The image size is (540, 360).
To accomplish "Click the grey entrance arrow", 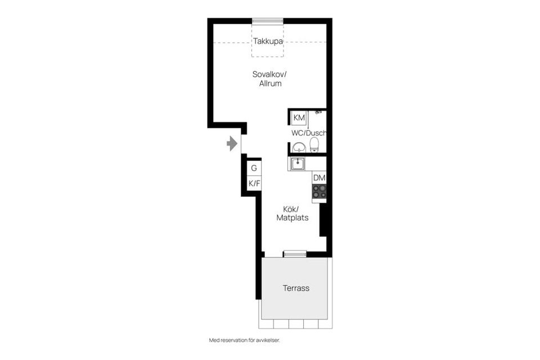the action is [232, 143].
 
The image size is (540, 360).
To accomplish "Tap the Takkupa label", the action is [268, 41].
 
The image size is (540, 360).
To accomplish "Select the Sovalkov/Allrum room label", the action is [269, 79].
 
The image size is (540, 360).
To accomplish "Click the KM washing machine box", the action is [299, 118].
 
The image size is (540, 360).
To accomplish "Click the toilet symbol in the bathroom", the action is [314, 145].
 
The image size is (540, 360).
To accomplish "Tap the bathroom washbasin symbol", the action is [299, 147].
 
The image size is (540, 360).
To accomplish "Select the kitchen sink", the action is [297, 164].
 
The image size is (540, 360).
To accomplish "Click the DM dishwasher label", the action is [319, 178].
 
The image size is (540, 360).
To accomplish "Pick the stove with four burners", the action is [319, 192].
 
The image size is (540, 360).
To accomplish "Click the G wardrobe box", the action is [254, 168].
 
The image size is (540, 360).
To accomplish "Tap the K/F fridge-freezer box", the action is [254, 183].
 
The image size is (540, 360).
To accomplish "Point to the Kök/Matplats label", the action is [292, 214].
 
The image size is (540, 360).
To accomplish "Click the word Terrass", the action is [296, 288].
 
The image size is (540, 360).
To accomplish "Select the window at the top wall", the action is [268, 21].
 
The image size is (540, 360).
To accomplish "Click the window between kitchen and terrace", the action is [295, 254].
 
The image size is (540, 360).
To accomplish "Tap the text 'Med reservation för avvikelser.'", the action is [245, 340].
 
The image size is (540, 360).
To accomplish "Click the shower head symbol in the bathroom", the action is [319, 111].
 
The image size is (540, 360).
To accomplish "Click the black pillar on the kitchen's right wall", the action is [323, 219].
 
